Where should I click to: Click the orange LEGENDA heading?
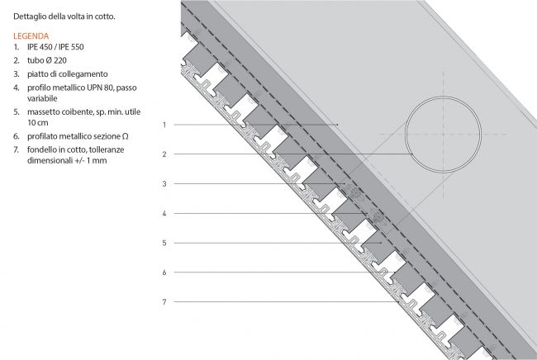point(31,36)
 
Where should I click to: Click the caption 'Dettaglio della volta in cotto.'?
point(64,17)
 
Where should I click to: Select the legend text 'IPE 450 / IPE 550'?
point(55,47)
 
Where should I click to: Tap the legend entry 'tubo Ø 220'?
point(47,60)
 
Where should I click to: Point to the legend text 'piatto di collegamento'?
point(68,74)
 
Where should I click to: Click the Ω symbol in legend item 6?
point(125,136)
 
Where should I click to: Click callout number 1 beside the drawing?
point(164,125)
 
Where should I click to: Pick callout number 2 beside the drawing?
point(164,154)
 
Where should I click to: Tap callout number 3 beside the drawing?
point(164,184)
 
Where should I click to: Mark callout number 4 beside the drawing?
point(164,214)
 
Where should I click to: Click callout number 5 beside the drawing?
point(164,243)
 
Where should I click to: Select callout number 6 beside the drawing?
point(164,272)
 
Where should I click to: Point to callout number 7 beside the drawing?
point(164,302)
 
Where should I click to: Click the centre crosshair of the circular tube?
point(443,134)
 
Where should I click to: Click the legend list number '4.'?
point(17,88)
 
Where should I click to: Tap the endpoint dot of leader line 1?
point(338,125)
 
